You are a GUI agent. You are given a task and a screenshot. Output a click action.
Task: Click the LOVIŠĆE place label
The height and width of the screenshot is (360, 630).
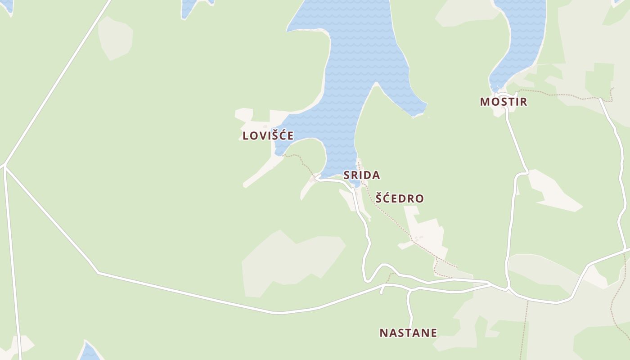(268, 135)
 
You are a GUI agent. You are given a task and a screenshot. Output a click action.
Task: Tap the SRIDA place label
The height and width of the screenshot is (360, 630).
(361, 175)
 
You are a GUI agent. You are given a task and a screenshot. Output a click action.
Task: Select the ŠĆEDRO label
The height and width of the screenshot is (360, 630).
(400, 198)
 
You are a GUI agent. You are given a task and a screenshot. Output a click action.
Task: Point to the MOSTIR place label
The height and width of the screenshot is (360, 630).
(503, 102)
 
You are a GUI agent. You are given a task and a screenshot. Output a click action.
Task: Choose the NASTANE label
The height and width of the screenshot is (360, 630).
(408, 333)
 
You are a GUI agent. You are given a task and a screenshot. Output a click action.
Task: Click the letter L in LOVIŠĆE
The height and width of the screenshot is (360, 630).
(246, 135)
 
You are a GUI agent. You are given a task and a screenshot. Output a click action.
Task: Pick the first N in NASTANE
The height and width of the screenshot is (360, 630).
(383, 333)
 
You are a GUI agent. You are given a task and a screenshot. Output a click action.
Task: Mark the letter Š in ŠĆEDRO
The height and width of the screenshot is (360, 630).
(379, 198)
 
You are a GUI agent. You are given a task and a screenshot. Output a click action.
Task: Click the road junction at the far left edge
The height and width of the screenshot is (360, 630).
(5, 166)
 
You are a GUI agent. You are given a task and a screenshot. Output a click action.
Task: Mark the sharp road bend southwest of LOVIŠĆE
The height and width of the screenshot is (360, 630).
(98, 272)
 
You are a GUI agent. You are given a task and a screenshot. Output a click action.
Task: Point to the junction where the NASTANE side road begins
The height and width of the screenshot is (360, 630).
(410, 291)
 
